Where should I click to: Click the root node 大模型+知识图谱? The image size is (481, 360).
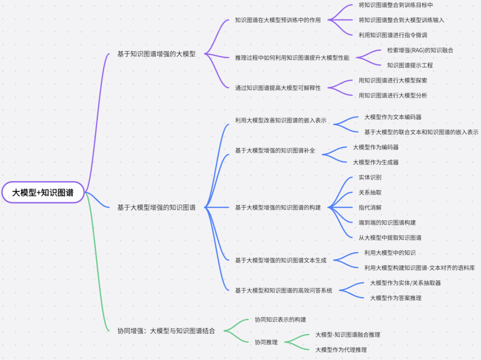tap(42, 193)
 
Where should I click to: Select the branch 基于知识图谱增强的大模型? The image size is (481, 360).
tap(156, 54)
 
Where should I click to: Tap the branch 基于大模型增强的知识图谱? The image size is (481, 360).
tap(156, 207)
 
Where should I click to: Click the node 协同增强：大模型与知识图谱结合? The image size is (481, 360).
tap(166, 331)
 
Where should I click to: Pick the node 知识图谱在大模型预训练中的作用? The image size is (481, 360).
tap(278, 20)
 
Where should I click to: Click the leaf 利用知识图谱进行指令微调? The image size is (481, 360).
tap(390, 35)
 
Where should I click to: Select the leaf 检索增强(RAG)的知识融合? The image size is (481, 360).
tap(420, 50)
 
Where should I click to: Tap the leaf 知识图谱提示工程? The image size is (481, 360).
tap(410, 65)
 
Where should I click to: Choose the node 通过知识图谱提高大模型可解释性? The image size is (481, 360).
tap(278, 88)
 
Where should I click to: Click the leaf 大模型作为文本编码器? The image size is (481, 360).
tap(393, 117)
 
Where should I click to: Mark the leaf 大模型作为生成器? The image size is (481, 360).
tap(375, 162)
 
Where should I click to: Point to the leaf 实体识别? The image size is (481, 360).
tap(370, 177)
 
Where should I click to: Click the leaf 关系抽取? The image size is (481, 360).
tap(370, 193)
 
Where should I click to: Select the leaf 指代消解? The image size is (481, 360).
tap(370, 207)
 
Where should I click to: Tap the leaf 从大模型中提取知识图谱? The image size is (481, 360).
tap(390, 238)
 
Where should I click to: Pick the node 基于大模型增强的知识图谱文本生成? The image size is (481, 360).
tap(281, 260)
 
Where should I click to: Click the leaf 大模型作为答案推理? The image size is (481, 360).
tap(395, 298)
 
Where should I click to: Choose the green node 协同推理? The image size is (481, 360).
tap(266, 343)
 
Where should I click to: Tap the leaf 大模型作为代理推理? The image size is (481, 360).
tap(341, 350)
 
